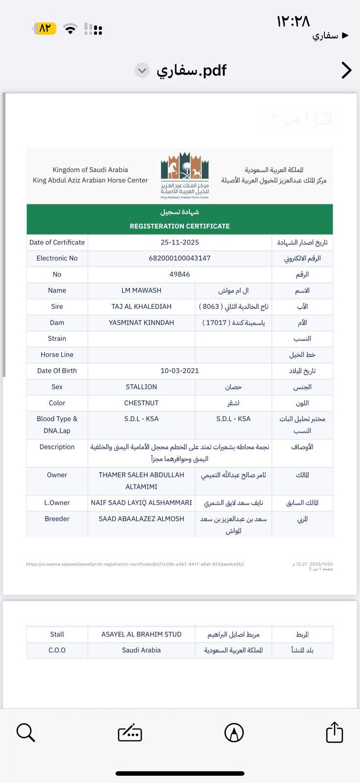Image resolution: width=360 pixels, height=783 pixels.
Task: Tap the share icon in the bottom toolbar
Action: (335, 733)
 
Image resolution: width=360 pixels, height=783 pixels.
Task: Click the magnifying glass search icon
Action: (25, 733)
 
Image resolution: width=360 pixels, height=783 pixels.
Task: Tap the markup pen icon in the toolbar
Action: (234, 733)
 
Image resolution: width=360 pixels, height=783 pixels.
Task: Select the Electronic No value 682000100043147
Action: (180, 258)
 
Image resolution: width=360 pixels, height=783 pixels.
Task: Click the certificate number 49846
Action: (180, 275)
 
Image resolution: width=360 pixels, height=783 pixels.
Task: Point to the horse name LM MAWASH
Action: (141, 291)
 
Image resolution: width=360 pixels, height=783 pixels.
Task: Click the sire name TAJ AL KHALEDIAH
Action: (141, 307)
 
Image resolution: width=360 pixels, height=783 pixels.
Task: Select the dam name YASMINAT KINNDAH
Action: (141, 323)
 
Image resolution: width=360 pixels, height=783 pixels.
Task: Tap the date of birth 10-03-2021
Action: (180, 371)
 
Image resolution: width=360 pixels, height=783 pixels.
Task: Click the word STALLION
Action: (141, 387)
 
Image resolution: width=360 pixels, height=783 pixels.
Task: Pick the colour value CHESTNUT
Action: (141, 403)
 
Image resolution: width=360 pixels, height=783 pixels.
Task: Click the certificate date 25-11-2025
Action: (180, 242)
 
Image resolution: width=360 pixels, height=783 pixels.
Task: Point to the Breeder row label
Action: (57, 519)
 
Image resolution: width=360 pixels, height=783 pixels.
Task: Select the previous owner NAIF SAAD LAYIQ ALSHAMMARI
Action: (141, 503)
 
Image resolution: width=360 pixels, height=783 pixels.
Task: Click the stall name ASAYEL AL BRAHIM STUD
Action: (141, 634)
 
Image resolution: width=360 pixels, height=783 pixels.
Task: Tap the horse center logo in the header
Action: (185, 175)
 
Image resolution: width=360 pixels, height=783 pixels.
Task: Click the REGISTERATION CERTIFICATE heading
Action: (180, 226)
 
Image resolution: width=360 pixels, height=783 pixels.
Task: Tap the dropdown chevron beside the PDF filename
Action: (142, 70)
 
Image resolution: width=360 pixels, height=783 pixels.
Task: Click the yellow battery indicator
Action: (45, 28)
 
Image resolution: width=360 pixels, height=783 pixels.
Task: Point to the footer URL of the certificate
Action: (135, 564)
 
